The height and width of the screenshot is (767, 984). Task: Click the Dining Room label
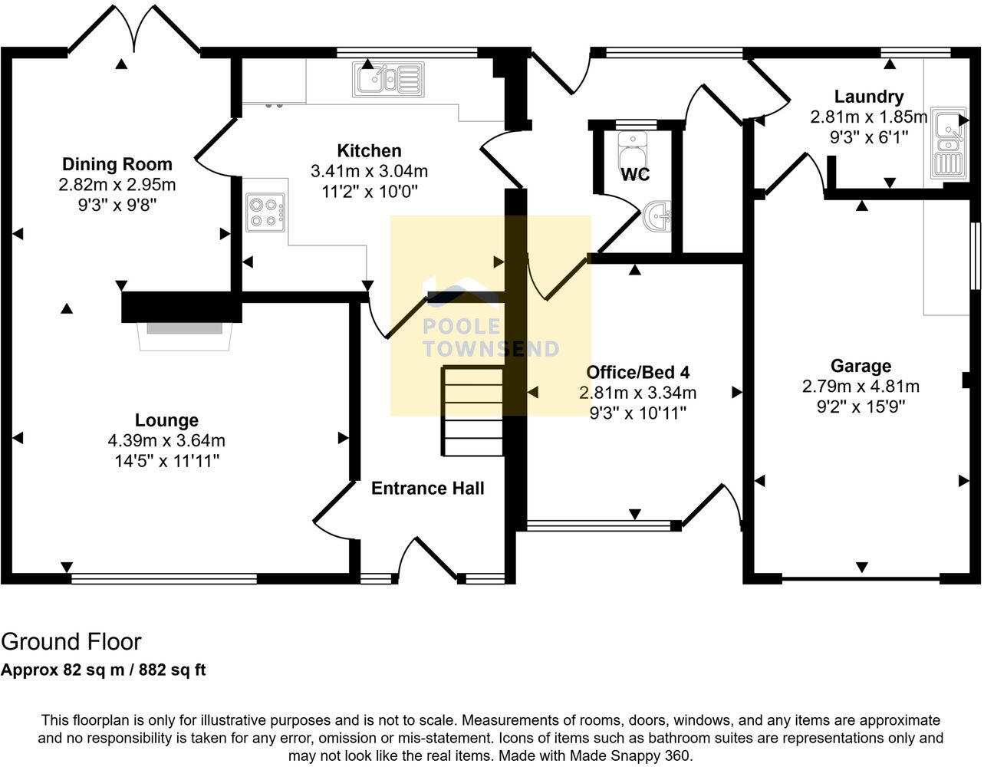117,164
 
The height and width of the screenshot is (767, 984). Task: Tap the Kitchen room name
369,150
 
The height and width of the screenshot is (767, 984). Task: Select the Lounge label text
166,420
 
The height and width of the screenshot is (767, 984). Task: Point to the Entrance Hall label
427,489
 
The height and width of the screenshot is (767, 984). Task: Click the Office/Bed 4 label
637,373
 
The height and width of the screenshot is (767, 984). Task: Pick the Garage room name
861,366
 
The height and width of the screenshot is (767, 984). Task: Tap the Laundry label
868,97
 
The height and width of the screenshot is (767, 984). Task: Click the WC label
635,175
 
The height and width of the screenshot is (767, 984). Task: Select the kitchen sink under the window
388,78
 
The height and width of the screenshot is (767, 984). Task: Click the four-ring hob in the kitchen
265,212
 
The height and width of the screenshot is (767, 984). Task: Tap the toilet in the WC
634,146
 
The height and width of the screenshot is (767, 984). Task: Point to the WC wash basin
658,216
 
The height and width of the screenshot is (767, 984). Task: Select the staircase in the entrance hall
472,411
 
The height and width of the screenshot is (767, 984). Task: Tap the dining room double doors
135,31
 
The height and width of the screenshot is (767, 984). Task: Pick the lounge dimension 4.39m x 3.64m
166,441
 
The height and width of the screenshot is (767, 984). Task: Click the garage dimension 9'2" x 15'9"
861,407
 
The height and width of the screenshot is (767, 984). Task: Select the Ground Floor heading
71,641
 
